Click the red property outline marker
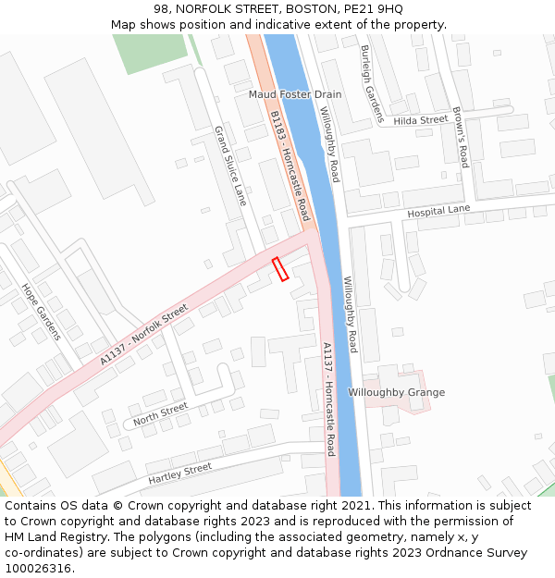[280, 268]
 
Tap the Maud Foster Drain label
[294, 94]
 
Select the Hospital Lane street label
[438, 211]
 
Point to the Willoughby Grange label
[396, 392]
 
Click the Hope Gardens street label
[41, 311]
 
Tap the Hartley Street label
[179, 473]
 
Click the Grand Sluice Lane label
[231, 166]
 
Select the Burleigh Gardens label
[372, 83]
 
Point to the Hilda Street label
[420, 120]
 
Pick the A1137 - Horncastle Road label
[328, 399]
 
